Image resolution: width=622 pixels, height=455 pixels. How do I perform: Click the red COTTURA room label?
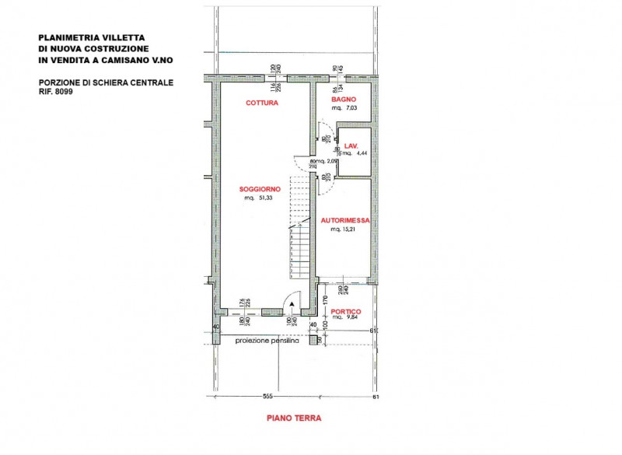(x=262, y=103)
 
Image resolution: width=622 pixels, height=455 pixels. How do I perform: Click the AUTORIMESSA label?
(x=344, y=221)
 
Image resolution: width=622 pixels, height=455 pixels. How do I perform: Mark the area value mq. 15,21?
(x=344, y=230)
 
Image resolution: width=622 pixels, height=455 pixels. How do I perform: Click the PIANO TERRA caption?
(x=294, y=418)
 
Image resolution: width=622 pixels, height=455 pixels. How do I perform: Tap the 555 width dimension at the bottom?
(x=266, y=396)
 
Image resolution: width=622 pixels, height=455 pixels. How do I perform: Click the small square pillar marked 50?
(x=319, y=340)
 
